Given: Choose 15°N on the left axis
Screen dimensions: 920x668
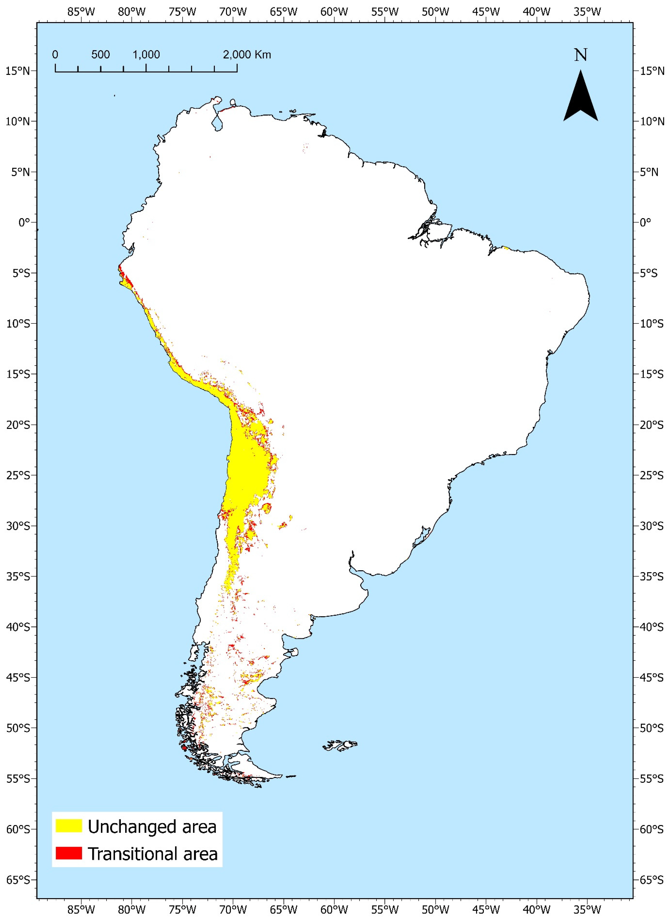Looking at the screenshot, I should [18, 71].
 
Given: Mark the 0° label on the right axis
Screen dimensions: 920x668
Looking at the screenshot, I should [645, 222].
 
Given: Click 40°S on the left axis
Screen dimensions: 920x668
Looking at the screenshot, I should [18, 627].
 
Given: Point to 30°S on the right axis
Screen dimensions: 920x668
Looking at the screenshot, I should [651, 526].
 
